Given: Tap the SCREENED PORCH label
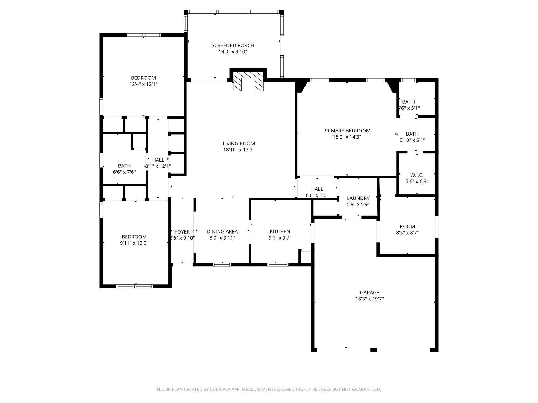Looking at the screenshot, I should [233, 45].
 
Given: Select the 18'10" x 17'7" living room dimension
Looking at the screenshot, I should [239, 150].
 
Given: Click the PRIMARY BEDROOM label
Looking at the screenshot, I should [346, 131].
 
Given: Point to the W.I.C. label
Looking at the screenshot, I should [417, 175].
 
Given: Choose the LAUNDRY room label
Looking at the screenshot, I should [358, 198].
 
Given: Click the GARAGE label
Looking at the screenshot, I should [369, 292].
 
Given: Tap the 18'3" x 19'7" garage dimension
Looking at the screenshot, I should [369, 299].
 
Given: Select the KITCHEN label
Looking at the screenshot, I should [280, 231].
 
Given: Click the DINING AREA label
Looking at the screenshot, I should [222, 231].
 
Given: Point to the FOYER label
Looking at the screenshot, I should [182, 232].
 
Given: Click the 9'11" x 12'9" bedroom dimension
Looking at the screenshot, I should [134, 243].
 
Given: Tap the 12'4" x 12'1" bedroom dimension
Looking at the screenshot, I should [143, 84].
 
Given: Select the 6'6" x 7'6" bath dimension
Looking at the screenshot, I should [124, 172].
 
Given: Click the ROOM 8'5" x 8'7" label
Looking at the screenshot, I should [407, 226].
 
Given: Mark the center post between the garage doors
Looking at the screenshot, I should [374, 350].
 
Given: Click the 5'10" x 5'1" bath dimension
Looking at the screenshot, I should [412, 140].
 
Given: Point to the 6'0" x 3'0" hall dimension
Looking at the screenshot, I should [317, 195].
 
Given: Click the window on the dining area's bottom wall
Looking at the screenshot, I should [222, 264].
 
